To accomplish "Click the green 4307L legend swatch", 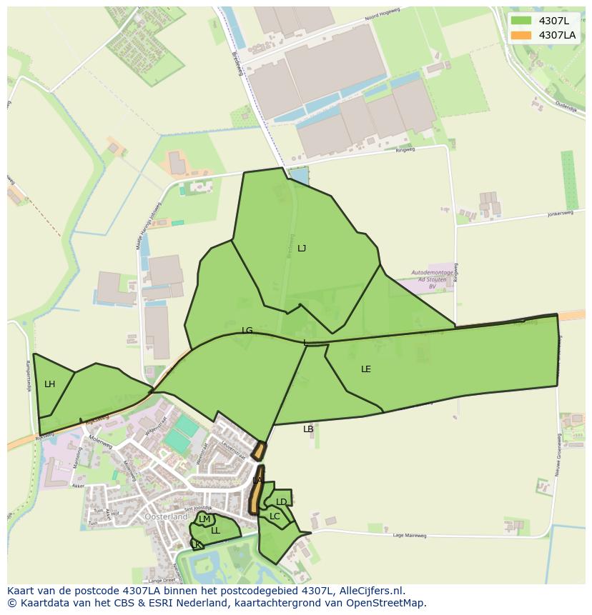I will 521,21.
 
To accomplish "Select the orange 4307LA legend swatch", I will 521,35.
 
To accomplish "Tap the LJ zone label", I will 302,249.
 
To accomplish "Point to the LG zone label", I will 247,331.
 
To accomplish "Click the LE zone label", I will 366,369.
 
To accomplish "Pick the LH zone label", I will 49,384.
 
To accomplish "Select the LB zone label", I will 308,429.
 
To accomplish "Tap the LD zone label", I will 282,502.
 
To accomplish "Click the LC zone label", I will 275,516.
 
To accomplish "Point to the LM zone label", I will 204,519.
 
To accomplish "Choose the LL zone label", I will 215,531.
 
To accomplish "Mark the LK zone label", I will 196,545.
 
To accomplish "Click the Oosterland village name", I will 166,516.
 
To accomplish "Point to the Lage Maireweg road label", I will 410,535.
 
